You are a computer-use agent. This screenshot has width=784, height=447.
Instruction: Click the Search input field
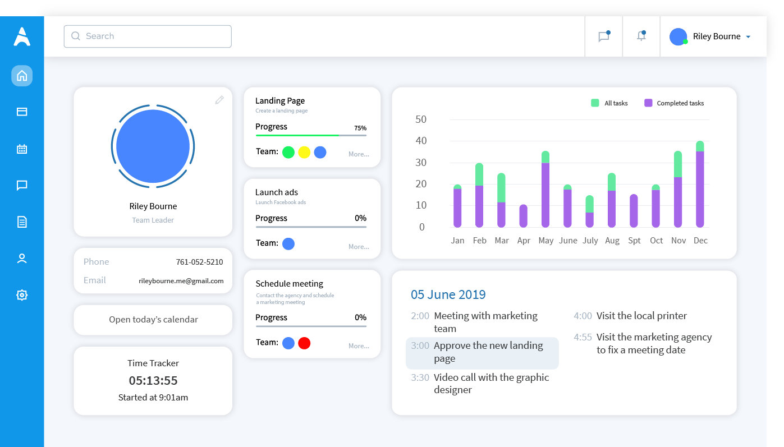click(148, 36)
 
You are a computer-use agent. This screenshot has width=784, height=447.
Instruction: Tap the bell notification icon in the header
click(641, 36)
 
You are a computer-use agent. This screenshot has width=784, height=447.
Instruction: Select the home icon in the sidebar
click(22, 76)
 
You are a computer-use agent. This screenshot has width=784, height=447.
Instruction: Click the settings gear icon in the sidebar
click(22, 295)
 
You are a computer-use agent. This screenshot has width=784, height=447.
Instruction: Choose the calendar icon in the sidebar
click(22, 149)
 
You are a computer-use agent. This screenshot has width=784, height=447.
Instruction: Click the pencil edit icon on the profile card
click(219, 100)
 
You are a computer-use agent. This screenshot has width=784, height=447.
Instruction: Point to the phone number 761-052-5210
click(199, 262)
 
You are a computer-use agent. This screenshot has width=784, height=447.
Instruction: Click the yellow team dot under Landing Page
click(304, 153)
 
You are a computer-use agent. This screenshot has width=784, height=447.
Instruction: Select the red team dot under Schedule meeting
click(304, 343)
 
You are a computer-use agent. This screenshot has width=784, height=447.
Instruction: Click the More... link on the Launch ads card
click(359, 247)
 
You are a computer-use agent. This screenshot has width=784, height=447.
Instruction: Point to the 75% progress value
click(360, 128)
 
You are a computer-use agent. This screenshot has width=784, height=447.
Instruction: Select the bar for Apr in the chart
click(523, 216)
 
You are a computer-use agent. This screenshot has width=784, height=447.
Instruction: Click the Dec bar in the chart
click(700, 184)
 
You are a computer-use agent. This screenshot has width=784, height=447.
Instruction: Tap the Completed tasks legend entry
click(674, 103)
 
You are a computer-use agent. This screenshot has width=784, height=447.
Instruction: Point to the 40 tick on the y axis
click(421, 141)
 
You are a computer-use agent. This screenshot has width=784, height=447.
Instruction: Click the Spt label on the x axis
click(634, 241)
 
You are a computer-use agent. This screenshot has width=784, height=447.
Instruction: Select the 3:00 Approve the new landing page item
click(482, 353)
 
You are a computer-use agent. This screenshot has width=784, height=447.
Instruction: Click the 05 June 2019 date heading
click(448, 294)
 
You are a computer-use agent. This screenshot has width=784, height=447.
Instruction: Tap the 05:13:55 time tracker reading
click(153, 381)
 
